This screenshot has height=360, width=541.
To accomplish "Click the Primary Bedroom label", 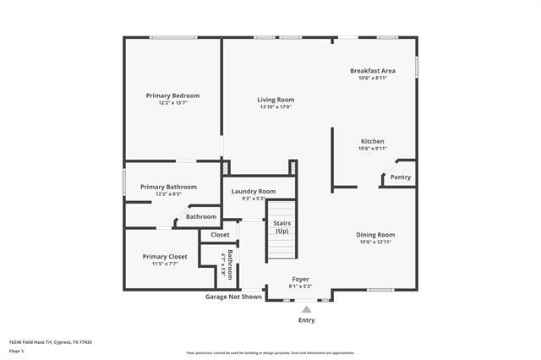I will [x=172, y=95].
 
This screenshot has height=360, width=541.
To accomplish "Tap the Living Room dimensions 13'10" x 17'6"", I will [x=276, y=107].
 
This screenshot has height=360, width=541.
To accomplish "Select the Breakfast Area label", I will [x=373, y=70].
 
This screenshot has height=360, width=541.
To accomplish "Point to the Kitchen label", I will [x=373, y=141].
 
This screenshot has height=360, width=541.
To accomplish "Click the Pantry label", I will [x=401, y=177].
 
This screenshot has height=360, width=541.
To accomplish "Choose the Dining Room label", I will [x=375, y=234].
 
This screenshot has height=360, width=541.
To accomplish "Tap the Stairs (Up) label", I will [x=281, y=226].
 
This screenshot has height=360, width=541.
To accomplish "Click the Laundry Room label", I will [x=254, y=191].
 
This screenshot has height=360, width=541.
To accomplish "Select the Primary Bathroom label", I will [x=168, y=187].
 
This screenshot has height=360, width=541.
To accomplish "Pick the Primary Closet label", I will [x=165, y=256].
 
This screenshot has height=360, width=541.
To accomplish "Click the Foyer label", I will [x=301, y=279].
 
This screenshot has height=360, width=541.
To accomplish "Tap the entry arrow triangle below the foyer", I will [x=306, y=309].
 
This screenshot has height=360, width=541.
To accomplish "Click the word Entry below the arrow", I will [x=306, y=320].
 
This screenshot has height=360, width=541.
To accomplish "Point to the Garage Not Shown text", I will [x=233, y=297].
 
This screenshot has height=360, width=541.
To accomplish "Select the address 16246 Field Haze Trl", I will [x=52, y=342].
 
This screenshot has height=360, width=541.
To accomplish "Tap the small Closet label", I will [x=220, y=234].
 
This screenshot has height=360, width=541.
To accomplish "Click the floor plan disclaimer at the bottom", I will [x=270, y=352].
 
